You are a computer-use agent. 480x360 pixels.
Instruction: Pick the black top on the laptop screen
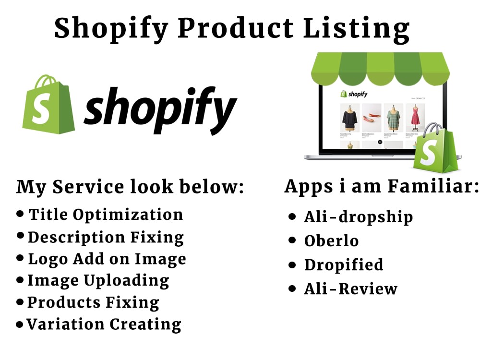coord(349,117)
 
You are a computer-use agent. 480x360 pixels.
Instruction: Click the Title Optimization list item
coord(106,214)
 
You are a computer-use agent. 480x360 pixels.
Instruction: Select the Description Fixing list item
coord(106,237)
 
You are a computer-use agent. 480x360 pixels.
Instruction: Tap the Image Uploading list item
coord(98,280)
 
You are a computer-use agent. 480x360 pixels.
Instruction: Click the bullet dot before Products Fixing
coord(20,302)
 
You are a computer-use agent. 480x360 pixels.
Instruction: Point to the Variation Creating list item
coord(104,324)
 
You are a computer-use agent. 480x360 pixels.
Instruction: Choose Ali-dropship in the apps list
coord(358,217)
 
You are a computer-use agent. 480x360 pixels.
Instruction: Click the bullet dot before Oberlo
coord(292,240)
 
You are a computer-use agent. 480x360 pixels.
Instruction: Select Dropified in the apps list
coord(344,264)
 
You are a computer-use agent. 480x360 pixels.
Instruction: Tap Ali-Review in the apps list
coord(350,288)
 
